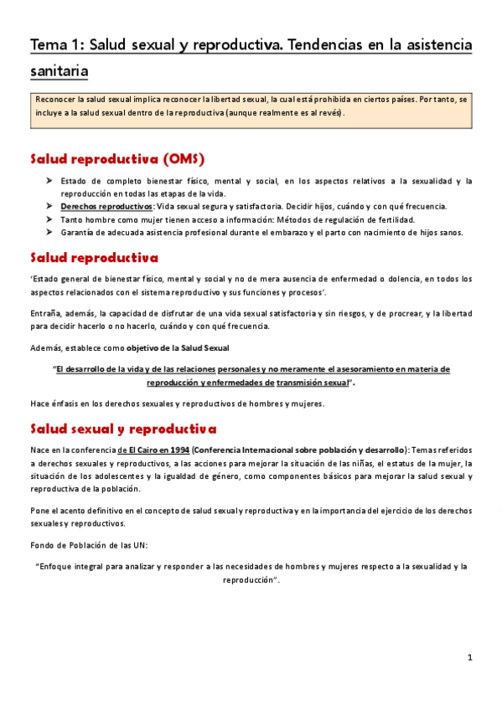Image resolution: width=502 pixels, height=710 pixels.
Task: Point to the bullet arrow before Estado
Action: pos(49,181)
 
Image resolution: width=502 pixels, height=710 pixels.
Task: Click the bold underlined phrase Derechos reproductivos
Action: pos(95,206)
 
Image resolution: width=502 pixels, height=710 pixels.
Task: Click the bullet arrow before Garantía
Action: pos(49,232)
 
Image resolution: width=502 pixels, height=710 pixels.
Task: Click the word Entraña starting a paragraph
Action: pos(45,313)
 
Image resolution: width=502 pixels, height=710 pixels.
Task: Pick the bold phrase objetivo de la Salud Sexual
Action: pos(180,347)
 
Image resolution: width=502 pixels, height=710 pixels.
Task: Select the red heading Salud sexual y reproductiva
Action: pos(122,430)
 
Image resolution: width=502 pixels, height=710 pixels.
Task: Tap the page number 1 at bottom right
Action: pos(470,657)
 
